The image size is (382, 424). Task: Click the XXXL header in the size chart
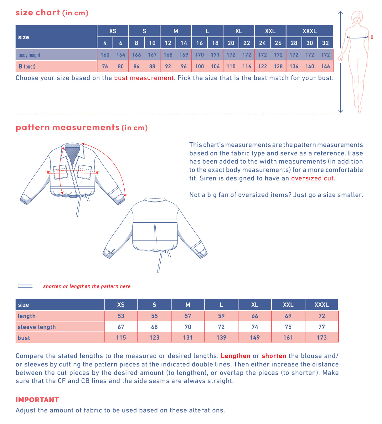pyautogui.click(x=309, y=31)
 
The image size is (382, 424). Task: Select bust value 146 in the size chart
pyautogui.click(x=325, y=66)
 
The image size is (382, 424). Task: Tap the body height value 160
pyautogui.click(x=105, y=55)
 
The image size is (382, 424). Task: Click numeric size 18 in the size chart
pyautogui.click(x=215, y=43)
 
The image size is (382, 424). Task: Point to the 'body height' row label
pyautogui.click(x=29, y=55)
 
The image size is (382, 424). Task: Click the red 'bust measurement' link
pyautogui.click(x=144, y=78)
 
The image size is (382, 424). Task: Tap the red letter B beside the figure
pyautogui.click(x=372, y=37)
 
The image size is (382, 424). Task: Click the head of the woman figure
pyautogui.click(x=357, y=17)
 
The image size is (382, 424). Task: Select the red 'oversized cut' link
pyautogui.click(x=312, y=178)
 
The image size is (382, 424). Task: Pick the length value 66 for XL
pyautogui.click(x=255, y=316)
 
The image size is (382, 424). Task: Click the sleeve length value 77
pyautogui.click(x=322, y=327)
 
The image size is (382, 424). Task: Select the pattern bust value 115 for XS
pyautogui.click(x=121, y=337)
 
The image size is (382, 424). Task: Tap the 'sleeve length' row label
pyautogui.click(x=37, y=327)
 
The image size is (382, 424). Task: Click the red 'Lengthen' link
pyautogui.click(x=235, y=356)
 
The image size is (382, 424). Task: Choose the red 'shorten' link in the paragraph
pyautogui.click(x=274, y=356)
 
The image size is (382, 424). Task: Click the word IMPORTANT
pyautogui.click(x=37, y=400)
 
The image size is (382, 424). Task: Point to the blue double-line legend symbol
pyautogui.click(x=25, y=286)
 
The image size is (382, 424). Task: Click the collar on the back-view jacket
pyautogui.click(x=154, y=200)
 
